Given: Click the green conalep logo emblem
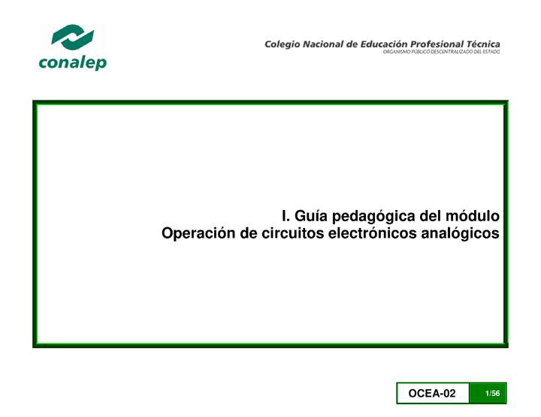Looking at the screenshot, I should (72, 38).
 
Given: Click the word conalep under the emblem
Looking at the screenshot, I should (72, 63).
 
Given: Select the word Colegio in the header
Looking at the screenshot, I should (282, 44).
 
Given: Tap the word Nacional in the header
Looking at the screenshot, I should (323, 44).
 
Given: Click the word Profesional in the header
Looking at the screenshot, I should (446, 44).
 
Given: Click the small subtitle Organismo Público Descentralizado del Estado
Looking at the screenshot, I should (441, 52).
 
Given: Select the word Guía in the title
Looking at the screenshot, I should (310, 217).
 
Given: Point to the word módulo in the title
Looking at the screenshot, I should (474, 216).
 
